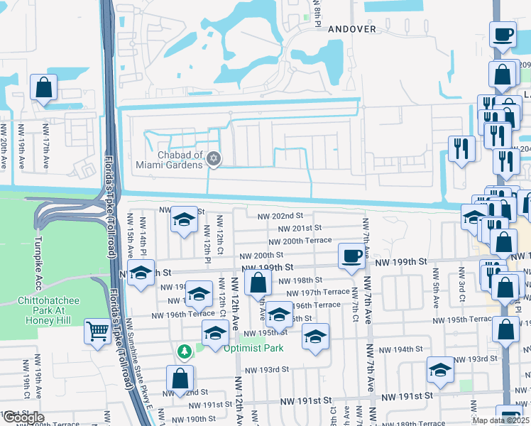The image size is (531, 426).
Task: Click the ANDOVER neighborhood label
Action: tap(351, 28)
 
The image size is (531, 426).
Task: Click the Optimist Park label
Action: tap(253, 348)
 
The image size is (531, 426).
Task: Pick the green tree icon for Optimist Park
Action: tap(185, 351)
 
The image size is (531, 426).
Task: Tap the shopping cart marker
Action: tap(97, 331)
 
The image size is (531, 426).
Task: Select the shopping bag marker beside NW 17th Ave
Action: tap(44, 88)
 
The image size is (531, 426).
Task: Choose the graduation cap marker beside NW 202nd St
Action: tap(184, 219)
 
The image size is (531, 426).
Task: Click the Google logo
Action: tap(23, 417)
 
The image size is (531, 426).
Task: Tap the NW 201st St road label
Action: tap(300, 228)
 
